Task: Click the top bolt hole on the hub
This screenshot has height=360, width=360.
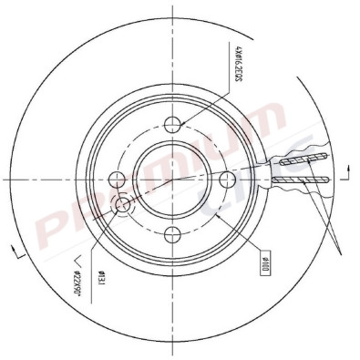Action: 176,123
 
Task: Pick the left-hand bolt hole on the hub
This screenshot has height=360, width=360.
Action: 116,177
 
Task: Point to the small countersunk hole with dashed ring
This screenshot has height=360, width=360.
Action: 123,207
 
